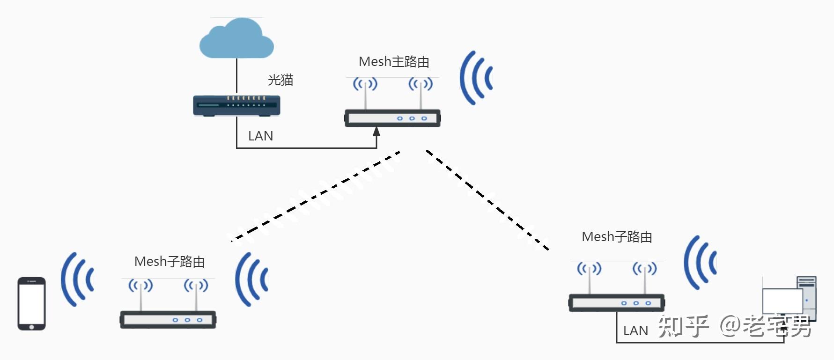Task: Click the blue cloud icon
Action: (x=236, y=40)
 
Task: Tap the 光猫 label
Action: (x=280, y=80)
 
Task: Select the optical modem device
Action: (x=236, y=106)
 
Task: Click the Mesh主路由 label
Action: (x=394, y=62)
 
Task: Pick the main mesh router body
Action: (x=392, y=118)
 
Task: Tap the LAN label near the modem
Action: (x=260, y=136)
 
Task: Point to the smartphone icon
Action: (x=31, y=303)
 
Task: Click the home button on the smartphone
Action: (x=31, y=327)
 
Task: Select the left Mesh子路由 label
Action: (x=170, y=262)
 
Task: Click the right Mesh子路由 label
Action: (x=617, y=237)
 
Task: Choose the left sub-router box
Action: (x=168, y=320)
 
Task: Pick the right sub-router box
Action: (x=616, y=303)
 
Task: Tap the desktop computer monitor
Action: (x=782, y=301)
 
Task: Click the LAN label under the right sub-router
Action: (x=635, y=331)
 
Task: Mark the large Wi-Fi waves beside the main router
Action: (x=475, y=78)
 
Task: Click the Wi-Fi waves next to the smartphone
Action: (x=76, y=279)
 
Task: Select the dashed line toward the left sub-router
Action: (x=315, y=196)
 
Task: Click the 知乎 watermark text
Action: (x=683, y=326)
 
